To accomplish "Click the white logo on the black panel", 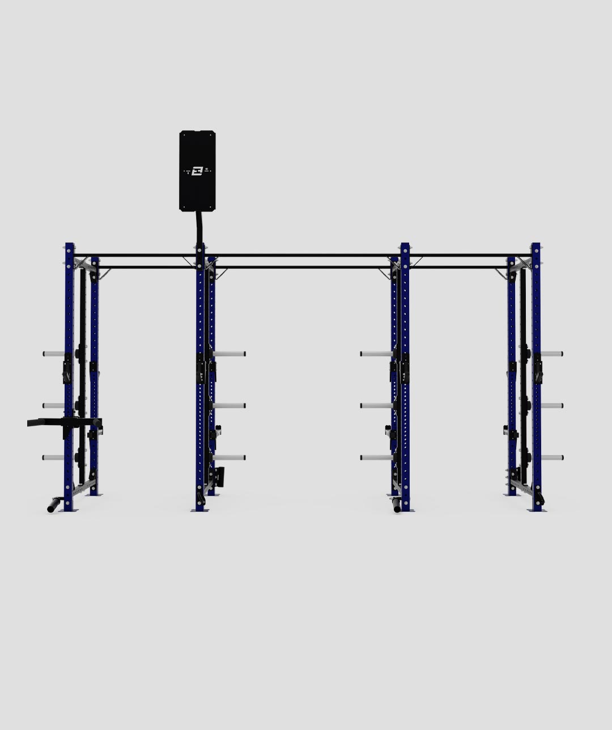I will (197, 171).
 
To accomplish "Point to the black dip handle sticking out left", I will (45, 422).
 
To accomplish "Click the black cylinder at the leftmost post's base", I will (54, 504).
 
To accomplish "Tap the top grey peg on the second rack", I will (230, 354).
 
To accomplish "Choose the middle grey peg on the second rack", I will (230, 406).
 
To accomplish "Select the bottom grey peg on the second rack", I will (230, 457).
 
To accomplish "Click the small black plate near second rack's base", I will (220, 477).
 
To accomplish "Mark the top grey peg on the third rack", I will (376, 354).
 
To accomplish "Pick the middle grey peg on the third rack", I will (376, 406).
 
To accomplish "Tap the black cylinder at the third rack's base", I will (397, 504).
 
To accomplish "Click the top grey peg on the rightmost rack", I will (551, 354).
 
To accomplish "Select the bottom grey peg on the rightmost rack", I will (551, 457).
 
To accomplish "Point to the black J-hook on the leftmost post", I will (67, 371).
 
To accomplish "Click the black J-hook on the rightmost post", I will (537, 371).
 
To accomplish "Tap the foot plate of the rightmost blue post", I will (537, 510).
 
